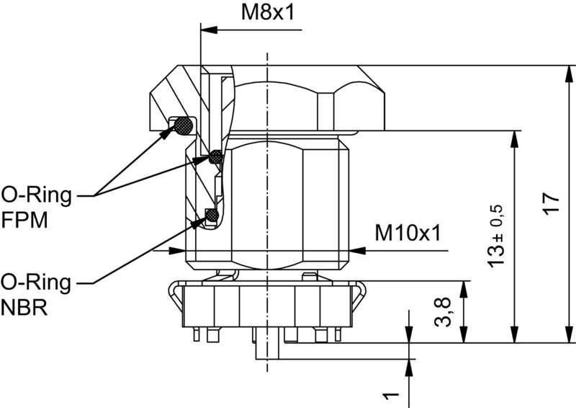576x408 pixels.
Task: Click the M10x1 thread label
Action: point(408,232)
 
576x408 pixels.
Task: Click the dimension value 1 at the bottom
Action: point(391,396)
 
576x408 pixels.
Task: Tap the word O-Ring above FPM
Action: point(36,195)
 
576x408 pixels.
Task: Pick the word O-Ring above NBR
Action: point(36,282)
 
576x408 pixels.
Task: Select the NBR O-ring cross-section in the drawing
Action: point(211,214)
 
